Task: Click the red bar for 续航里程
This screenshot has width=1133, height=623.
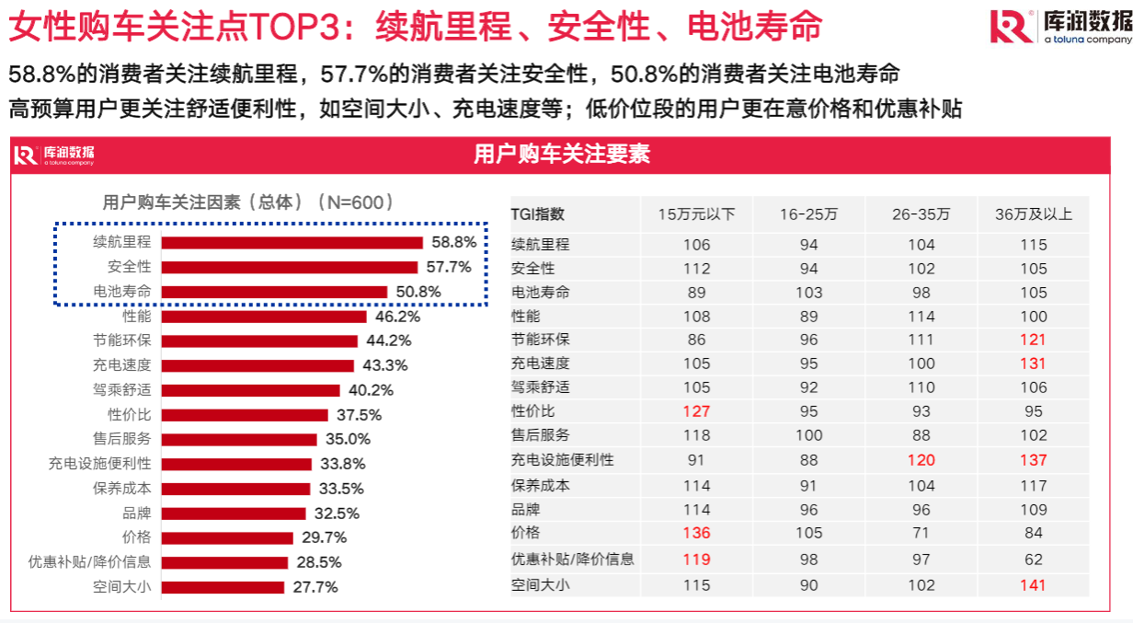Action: point(292,243)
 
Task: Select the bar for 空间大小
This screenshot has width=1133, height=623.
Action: point(223,587)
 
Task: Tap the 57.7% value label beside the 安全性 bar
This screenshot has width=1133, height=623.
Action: point(448,267)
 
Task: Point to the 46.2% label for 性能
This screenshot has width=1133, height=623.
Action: point(397,317)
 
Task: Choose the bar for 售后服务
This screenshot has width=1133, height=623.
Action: point(239,440)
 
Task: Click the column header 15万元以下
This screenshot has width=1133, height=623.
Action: point(696,214)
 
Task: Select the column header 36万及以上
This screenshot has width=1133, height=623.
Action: point(1033,214)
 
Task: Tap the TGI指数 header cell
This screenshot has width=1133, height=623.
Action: point(538,214)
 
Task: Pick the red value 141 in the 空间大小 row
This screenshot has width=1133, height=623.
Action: point(1033,584)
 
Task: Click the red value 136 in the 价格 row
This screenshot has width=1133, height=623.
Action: point(696,533)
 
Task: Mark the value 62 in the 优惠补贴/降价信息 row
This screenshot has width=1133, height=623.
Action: point(1033,559)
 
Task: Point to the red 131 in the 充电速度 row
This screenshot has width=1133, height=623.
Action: point(1033,363)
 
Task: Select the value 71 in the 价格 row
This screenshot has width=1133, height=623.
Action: point(921,533)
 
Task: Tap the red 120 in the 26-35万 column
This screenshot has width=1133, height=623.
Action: point(921,460)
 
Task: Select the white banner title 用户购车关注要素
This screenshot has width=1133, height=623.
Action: point(562,154)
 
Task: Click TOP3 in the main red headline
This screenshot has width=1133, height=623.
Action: point(300,28)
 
